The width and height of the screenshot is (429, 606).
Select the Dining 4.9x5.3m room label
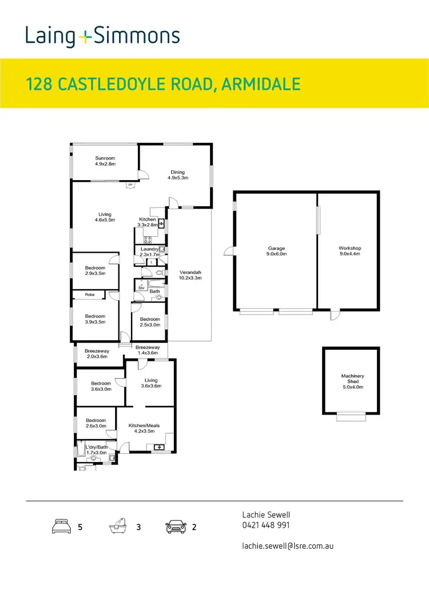pyautogui.click(x=178, y=174)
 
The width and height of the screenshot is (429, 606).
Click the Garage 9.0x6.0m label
pyautogui.click(x=276, y=251)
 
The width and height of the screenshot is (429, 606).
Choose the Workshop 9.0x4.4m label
pyautogui.click(x=349, y=251)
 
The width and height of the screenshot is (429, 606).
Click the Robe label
pyautogui.click(x=90, y=294)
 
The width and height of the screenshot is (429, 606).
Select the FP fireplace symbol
pyautogui.click(x=130, y=185)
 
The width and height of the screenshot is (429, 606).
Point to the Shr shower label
pyautogui.click(x=141, y=288)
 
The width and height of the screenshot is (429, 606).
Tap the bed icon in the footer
pyautogui.click(x=61, y=526)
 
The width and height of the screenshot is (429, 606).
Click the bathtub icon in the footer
pyautogui.click(x=117, y=526)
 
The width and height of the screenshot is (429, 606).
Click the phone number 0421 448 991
pyautogui.click(x=266, y=525)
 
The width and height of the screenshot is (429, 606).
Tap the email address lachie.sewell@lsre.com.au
pyautogui.click(x=288, y=545)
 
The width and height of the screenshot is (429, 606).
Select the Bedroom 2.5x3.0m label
pyautogui.click(x=150, y=322)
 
